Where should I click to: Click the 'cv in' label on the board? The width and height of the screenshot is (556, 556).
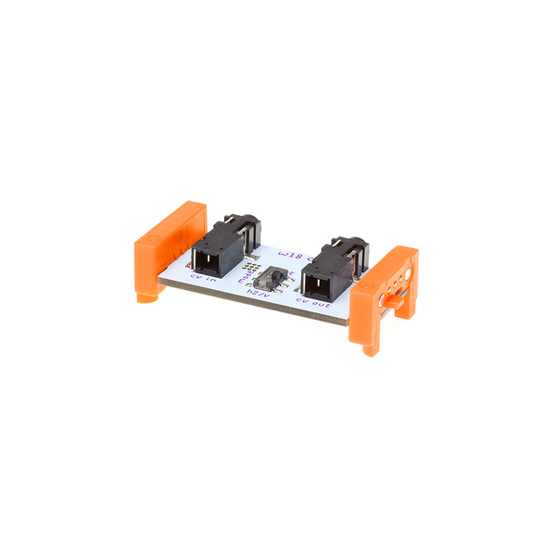pyautogui.click(x=202, y=276)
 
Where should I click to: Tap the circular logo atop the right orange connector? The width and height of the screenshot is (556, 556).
pyautogui.click(x=393, y=257)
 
